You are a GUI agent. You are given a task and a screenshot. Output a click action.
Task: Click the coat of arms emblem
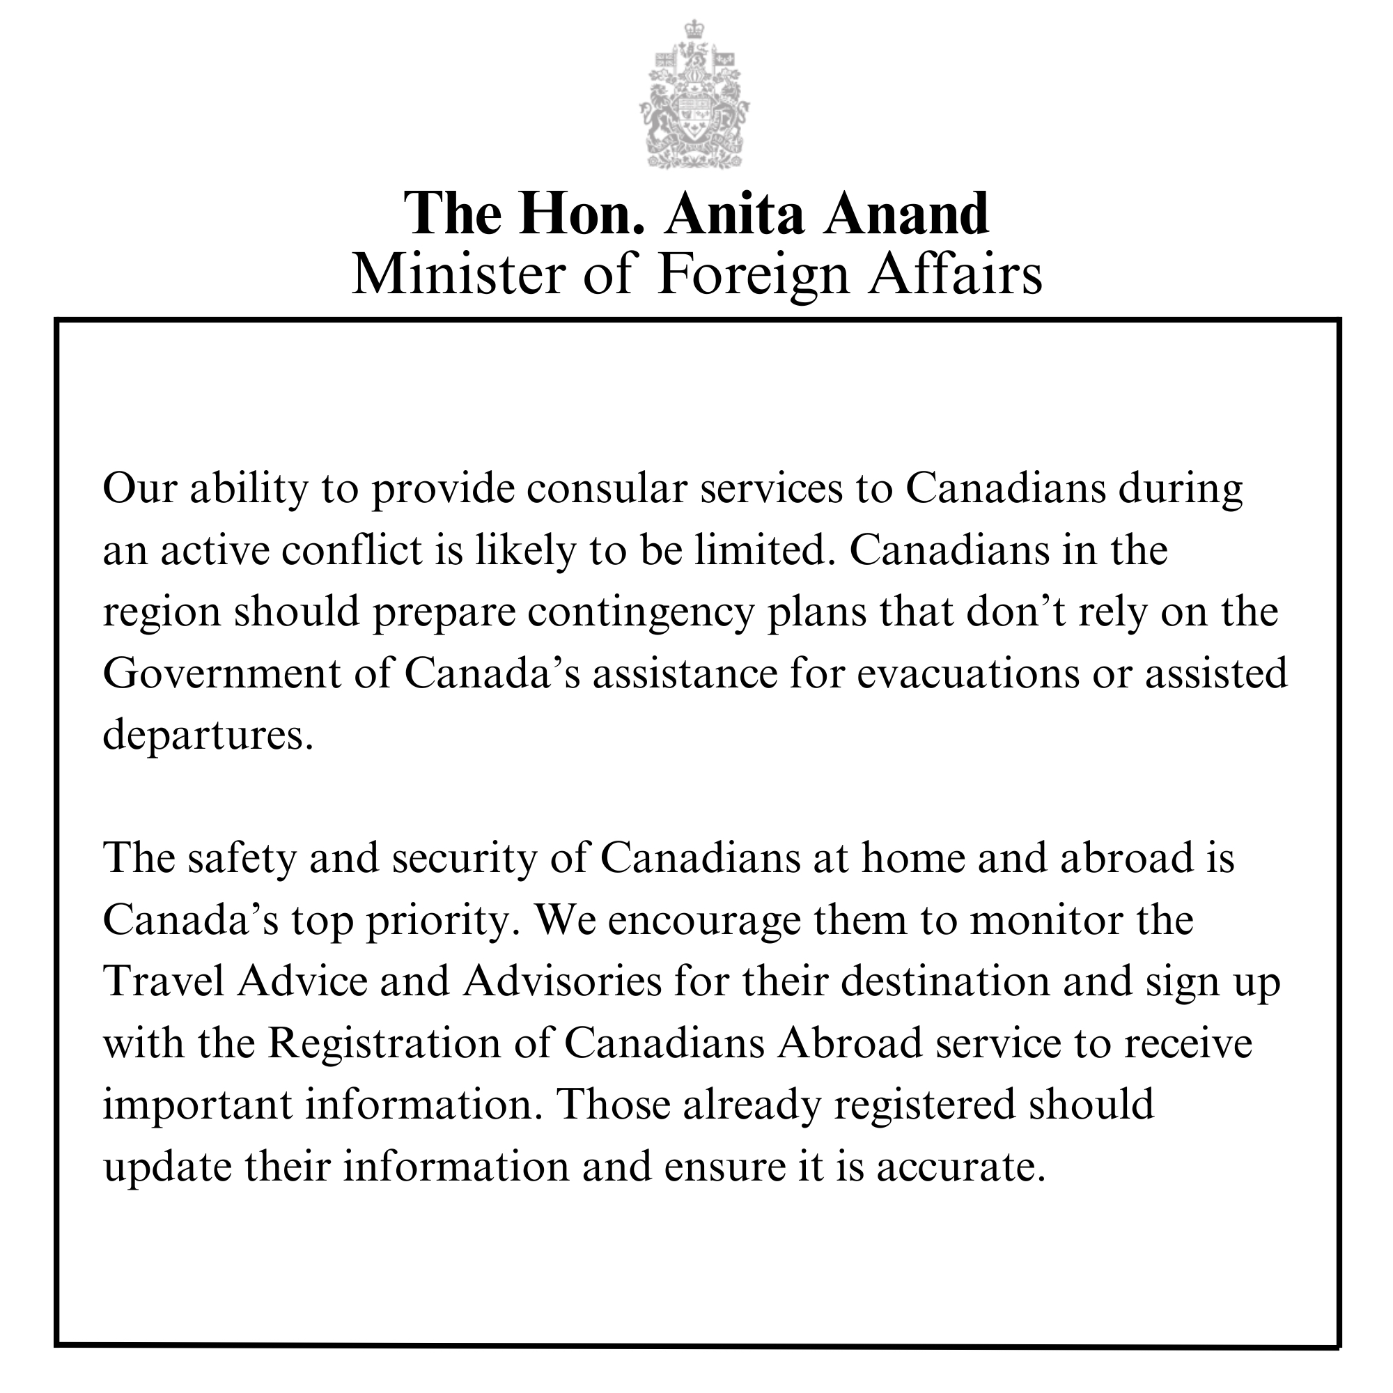[694, 98]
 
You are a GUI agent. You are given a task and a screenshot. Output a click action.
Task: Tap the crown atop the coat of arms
[694, 30]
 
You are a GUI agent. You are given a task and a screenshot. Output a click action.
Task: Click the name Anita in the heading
[733, 214]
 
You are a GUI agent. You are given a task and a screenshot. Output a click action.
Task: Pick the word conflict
[351, 550]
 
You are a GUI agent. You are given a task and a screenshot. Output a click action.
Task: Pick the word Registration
[384, 1043]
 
